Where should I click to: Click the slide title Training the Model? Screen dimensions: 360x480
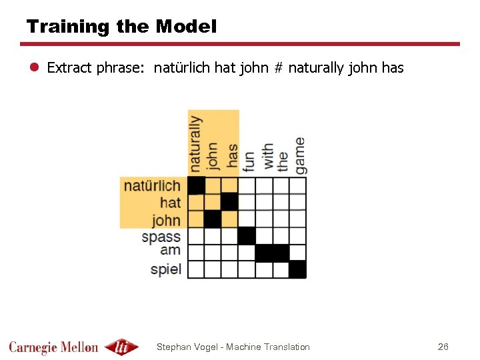[121, 27]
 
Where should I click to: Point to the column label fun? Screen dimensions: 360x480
[248, 161]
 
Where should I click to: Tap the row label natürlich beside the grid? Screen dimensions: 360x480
[152, 185]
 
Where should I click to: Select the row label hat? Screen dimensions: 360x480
[170, 202]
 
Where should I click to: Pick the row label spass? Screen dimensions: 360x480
[161, 236]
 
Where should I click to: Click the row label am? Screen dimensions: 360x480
[170, 251]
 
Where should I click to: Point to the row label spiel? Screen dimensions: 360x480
[165, 269]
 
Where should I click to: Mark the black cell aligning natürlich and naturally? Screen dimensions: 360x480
[196, 185]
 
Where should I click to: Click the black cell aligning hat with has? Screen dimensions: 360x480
[230, 201]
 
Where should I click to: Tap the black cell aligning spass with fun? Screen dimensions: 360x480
[247, 235]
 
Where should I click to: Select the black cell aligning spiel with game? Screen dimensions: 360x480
[297, 269]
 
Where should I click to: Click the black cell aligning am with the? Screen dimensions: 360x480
[281, 253]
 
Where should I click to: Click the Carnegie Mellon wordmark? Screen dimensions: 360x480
[53, 347]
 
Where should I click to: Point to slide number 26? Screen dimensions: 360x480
[443, 347]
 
